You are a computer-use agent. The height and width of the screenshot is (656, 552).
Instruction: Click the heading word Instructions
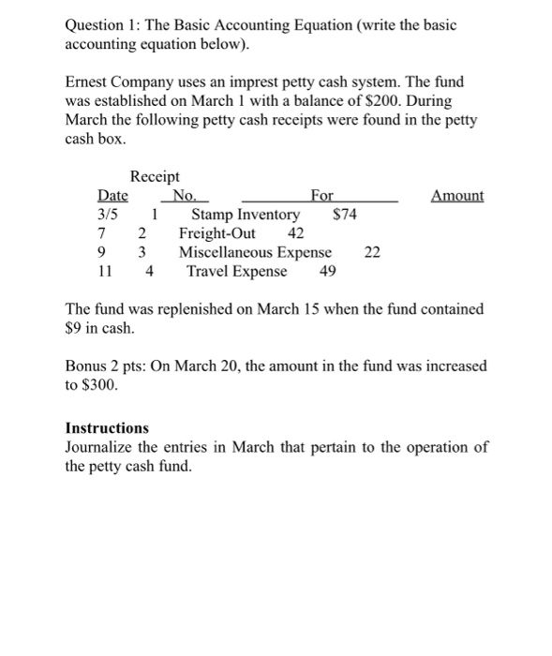[x=107, y=427]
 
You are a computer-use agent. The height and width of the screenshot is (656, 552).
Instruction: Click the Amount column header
[x=457, y=196]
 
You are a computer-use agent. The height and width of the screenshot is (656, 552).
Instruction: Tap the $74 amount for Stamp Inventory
[x=345, y=215]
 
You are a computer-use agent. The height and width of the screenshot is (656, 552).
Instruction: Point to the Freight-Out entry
[x=217, y=233]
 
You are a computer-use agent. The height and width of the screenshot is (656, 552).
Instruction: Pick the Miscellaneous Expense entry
[x=255, y=252]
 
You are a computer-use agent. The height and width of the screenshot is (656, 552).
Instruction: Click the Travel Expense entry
[x=237, y=272]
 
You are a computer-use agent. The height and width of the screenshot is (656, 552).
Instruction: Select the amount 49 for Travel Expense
[x=328, y=272]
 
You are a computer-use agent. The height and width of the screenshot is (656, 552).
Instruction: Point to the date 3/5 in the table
[x=110, y=215]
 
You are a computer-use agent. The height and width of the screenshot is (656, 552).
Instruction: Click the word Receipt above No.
[x=155, y=176]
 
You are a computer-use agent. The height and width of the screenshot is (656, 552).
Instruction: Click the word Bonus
[x=87, y=365]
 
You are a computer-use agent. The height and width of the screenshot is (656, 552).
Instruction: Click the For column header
[x=321, y=196]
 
